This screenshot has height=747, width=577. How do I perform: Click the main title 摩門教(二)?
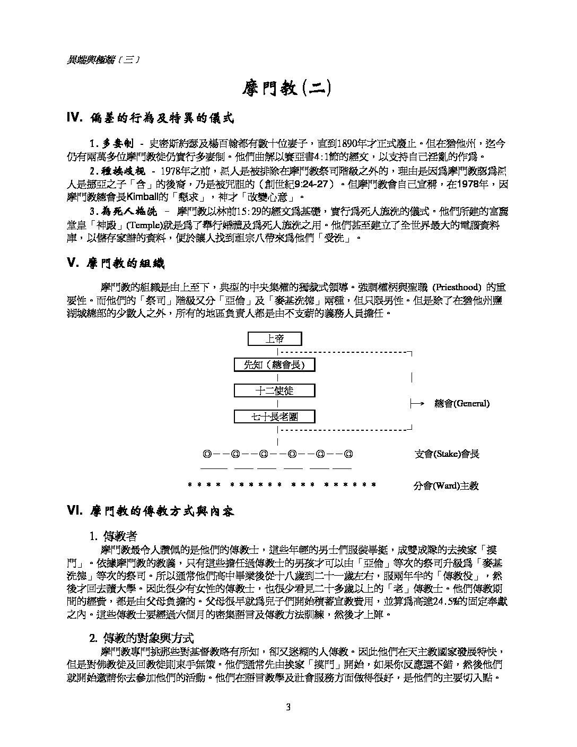pyautogui.click(x=287, y=88)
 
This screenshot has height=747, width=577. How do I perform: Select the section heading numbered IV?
pyautogui.click(x=150, y=118)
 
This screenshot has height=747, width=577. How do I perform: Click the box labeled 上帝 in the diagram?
pyautogui.click(x=275, y=339)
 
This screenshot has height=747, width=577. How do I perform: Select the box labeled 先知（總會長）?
pyautogui.click(x=275, y=364)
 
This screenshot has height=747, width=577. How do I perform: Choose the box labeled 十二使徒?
pyautogui.click(x=275, y=390)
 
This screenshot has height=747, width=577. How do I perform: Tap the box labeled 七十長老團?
pyautogui.click(x=275, y=416)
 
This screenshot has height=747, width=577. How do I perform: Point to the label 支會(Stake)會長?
pyautogui.click(x=447, y=454)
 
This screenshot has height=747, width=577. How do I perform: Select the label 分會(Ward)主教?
pyautogui.click(x=445, y=485)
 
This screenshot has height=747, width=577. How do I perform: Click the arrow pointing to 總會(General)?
pyautogui.click(x=418, y=404)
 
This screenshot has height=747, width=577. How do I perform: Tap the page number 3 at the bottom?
pyautogui.click(x=288, y=707)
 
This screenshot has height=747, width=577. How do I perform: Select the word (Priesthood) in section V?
pyautogui.click(x=457, y=288)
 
